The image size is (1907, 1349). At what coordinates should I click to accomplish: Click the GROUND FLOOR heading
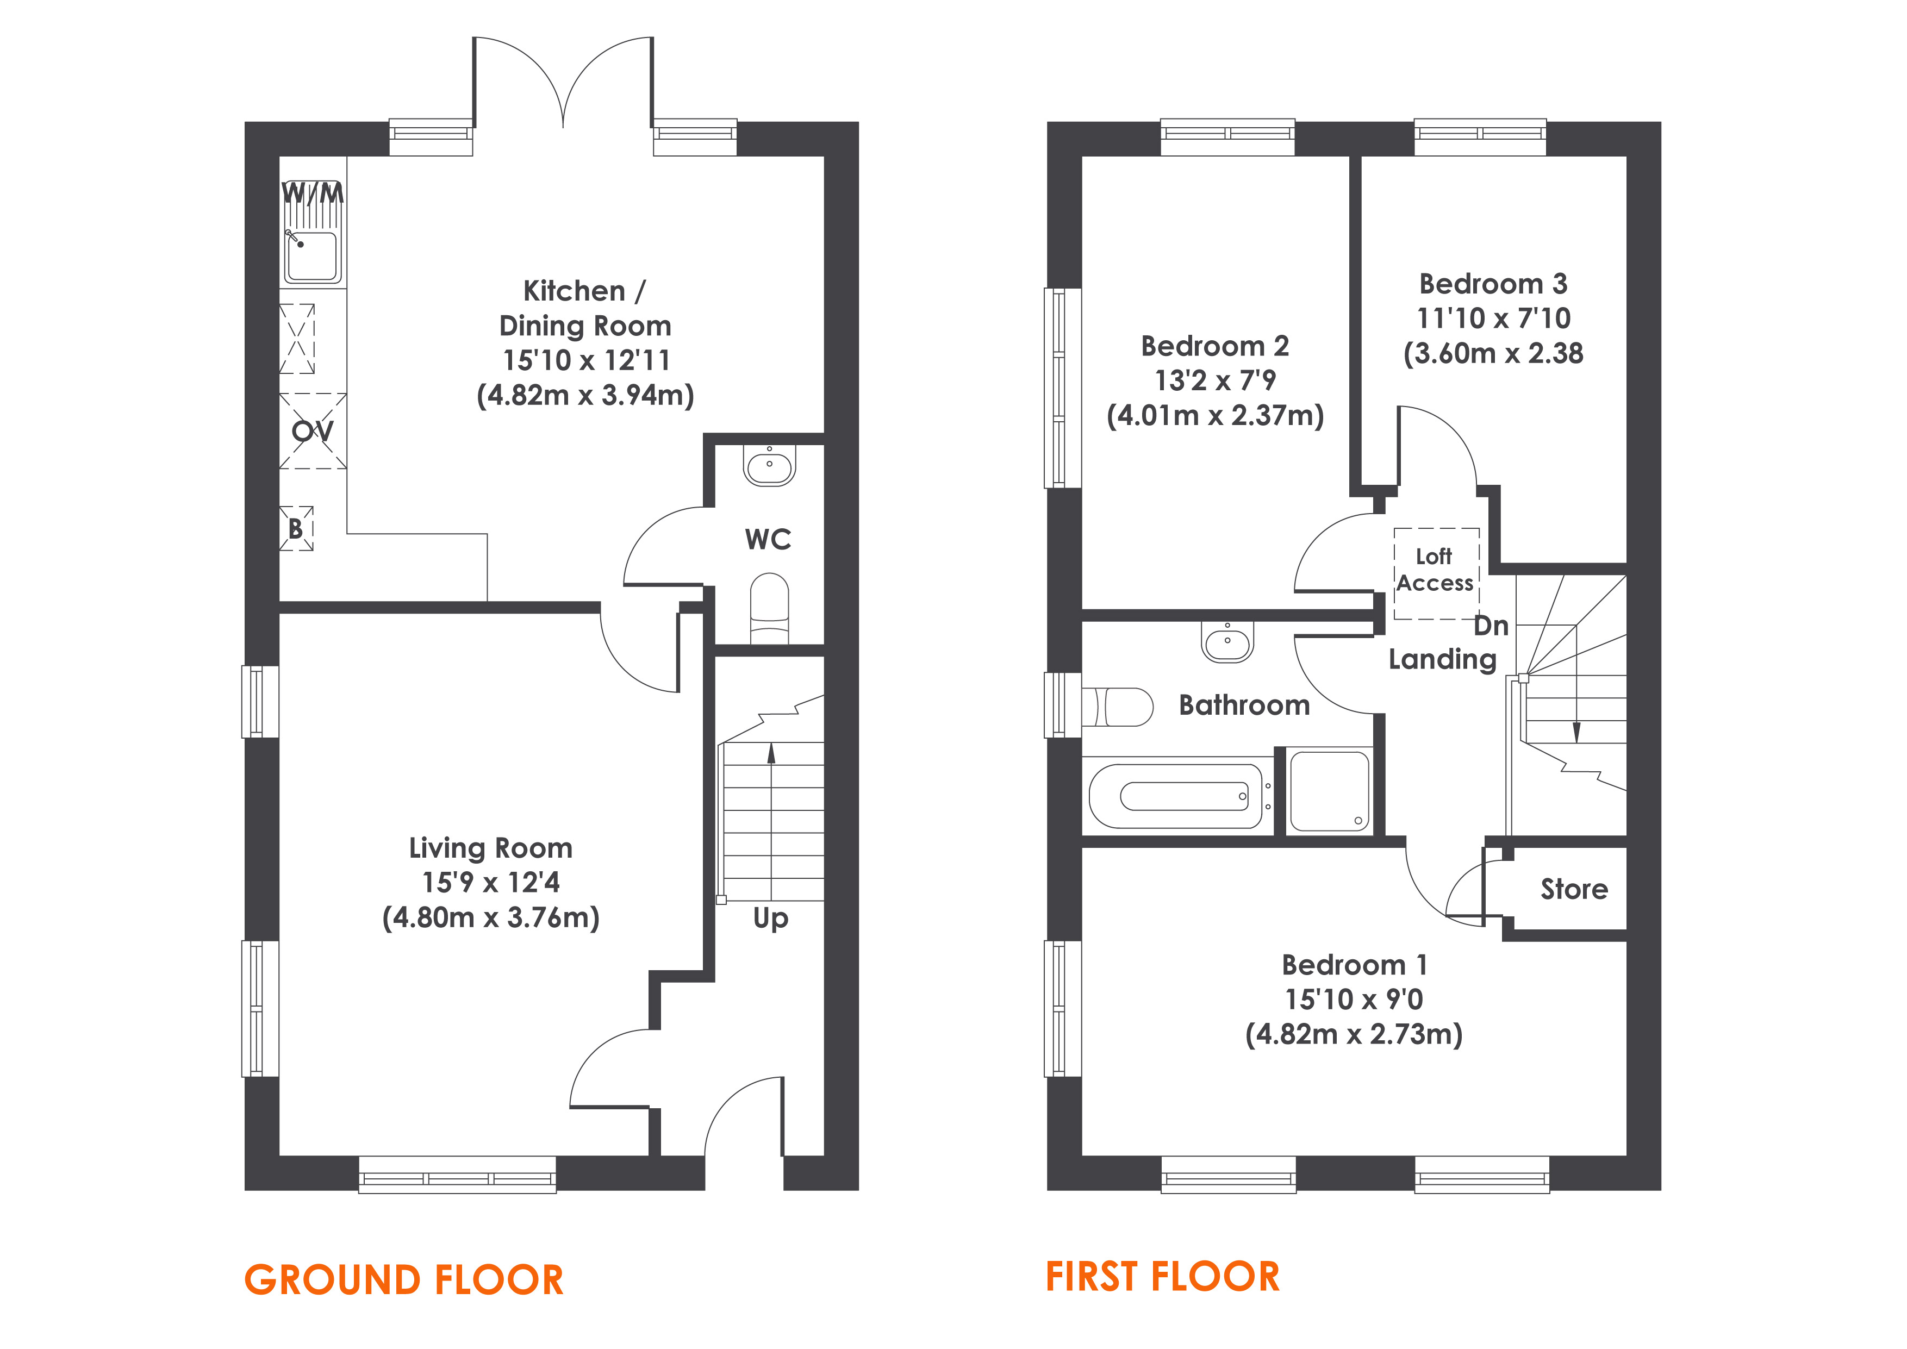click(x=404, y=1279)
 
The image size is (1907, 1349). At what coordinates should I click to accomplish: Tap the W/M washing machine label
click(x=312, y=193)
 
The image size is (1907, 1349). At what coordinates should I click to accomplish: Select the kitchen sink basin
click(x=312, y=256)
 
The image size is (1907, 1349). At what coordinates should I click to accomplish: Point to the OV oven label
click(x=312, y=430)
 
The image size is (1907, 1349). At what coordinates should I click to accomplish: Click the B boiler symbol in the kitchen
click(x=296, y=528)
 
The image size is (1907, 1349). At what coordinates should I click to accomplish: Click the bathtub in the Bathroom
click(x=1178, y=796)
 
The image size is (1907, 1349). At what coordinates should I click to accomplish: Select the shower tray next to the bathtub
click(x=1329, y=791)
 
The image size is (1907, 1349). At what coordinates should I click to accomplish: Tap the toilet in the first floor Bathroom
click(x=1117, y=707)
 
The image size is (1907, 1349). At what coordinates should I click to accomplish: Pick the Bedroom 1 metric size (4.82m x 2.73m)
click(x=1354, y=1034)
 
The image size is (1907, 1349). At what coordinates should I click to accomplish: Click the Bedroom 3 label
click(x=1493, y=284)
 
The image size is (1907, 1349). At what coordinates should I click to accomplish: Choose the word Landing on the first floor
click(x=1443, y=659)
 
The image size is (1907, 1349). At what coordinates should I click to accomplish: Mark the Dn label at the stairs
click(x=1491, y=626)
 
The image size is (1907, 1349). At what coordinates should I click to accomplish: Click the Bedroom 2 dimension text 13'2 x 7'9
click(x=1214, y=380)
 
